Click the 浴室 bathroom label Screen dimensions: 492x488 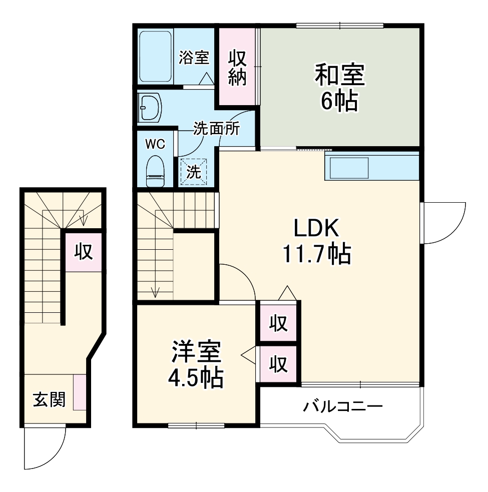click(194, 58)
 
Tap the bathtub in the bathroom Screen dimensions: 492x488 click(155, 56)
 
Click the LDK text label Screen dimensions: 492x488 click(316, 229)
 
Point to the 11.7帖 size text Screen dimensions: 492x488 click(316, 254)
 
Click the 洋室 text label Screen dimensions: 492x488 click(196, 352)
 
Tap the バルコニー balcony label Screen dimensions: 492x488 click(343, 406)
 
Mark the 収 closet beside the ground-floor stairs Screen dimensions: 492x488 click(84, 252)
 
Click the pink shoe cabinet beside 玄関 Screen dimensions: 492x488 click(80, 392)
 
